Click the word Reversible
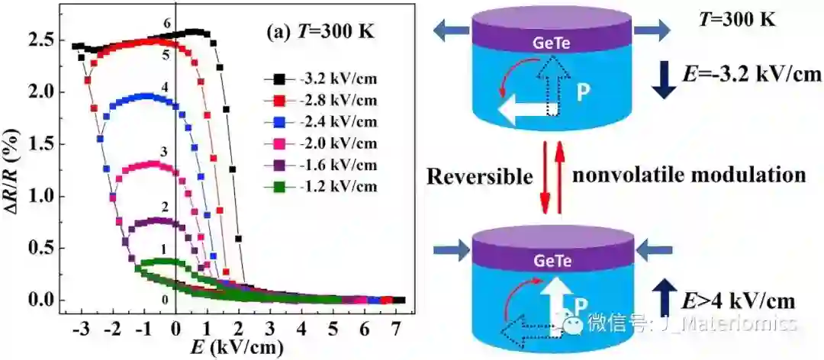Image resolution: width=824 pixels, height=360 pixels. click(x=479, y=176)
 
